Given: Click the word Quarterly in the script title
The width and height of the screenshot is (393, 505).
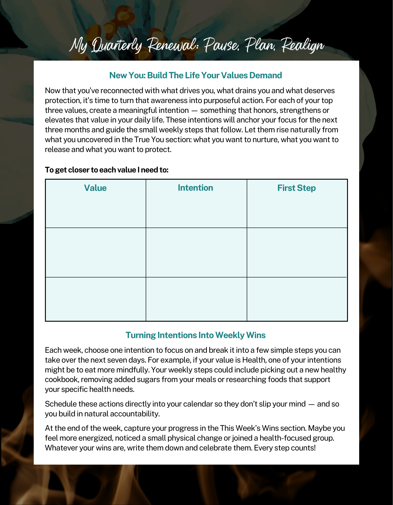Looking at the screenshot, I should pos(117,46).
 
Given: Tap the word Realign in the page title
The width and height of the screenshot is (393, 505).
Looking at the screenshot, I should pos(303,45).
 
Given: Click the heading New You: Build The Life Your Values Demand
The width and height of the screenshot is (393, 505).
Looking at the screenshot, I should pos(195,75).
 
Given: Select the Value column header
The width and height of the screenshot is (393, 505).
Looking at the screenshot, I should pos(95,188).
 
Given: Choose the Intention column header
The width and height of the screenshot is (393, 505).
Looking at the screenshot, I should pos(195,188).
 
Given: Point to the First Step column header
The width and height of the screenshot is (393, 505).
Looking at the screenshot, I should pos(297,188).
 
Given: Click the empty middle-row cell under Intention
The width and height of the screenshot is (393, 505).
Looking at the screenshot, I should pos(196,252).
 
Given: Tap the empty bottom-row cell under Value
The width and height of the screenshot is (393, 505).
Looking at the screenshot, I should pos(96,299).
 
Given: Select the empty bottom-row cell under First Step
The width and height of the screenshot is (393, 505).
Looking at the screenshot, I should pos(297,299).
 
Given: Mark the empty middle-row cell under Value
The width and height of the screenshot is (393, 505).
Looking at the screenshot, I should pos(96,252).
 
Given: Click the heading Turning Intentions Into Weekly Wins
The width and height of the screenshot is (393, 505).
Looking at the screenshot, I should pos(195,335).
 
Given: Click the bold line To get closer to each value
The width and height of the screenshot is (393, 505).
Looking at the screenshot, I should pos(107,170).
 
